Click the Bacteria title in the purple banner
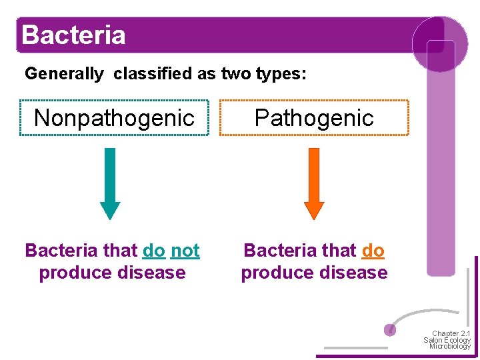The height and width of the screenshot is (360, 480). click(x=73, y=35)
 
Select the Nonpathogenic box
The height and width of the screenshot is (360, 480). click(x=114, y=118)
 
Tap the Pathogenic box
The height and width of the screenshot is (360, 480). click(x=314, y=118)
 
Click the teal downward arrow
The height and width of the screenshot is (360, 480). click(x=110, y=184)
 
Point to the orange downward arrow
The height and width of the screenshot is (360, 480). click(x=314, y=184)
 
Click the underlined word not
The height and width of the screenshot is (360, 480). click(x=185, y=251)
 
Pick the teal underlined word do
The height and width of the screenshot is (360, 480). click(x=154, y=251)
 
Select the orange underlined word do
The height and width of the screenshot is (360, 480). click(x=373, y=251)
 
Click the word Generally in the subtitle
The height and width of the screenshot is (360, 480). click(x=64, y=74)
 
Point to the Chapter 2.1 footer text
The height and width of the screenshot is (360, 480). click(x=451, y=333)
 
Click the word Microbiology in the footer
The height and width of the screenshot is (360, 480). click(x=450, y=346)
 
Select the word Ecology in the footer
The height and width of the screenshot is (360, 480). click(x=457, y=340)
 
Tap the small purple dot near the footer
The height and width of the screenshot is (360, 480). click(x=391, y=329)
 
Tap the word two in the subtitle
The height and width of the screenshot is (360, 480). click(x=235, y=74)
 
